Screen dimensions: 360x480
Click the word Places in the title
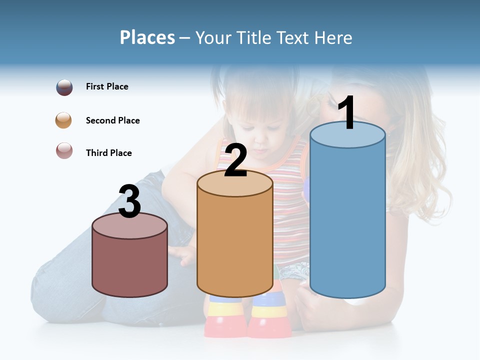147,37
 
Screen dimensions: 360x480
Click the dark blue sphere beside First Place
64,87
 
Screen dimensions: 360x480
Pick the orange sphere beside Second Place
64,120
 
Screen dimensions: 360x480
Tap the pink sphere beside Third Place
64,150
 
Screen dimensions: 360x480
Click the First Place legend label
107,86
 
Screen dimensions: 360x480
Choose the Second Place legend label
112,120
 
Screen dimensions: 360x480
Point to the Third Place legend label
108,153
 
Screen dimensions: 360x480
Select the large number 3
130,201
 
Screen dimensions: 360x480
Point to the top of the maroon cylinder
130,226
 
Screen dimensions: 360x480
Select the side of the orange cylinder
235,245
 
